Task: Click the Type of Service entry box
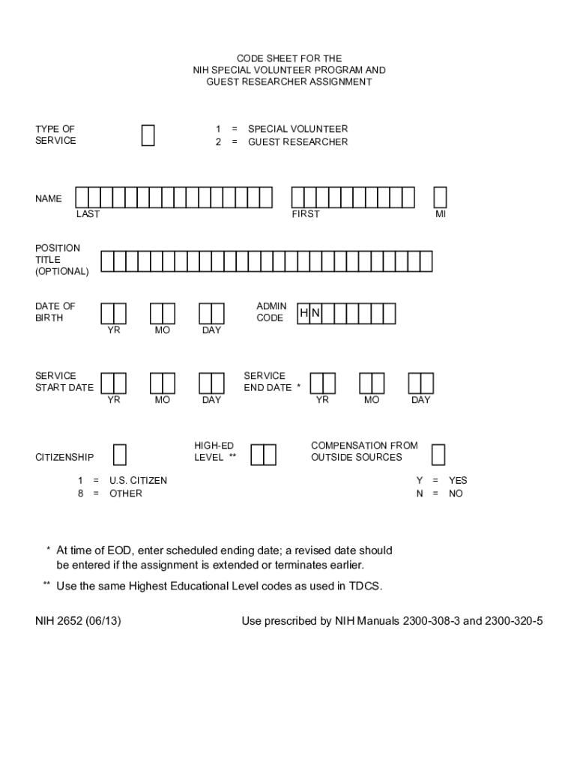click(x=148, y=136)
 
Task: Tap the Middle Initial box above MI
click(x=440, y=197)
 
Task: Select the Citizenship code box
click(x=119, y=455)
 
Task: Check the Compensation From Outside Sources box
click(x=438, y=455)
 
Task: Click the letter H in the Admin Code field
click(x=304, y=313)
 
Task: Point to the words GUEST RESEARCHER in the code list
click(x=298, y=142)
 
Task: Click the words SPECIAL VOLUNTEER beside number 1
click(x=298, y=129)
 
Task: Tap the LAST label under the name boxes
click(x=88, y=214)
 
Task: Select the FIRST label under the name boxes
click(x=306, y=214)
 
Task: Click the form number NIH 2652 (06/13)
click(x=78, y=621)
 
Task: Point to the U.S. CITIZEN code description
click(x=138, y=480)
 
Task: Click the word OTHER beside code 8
click(x=126, y=494)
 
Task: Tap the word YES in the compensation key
click(x=458, y=480)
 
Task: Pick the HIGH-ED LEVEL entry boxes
click(x=263, y=455)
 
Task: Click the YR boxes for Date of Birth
click(x=113, y=313)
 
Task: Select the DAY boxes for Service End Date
click(x=420, y=383)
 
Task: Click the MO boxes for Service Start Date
click(x=162, y=383)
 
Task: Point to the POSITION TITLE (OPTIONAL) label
click(x=61, y=259)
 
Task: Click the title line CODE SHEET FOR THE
click(x=289, y=58)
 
